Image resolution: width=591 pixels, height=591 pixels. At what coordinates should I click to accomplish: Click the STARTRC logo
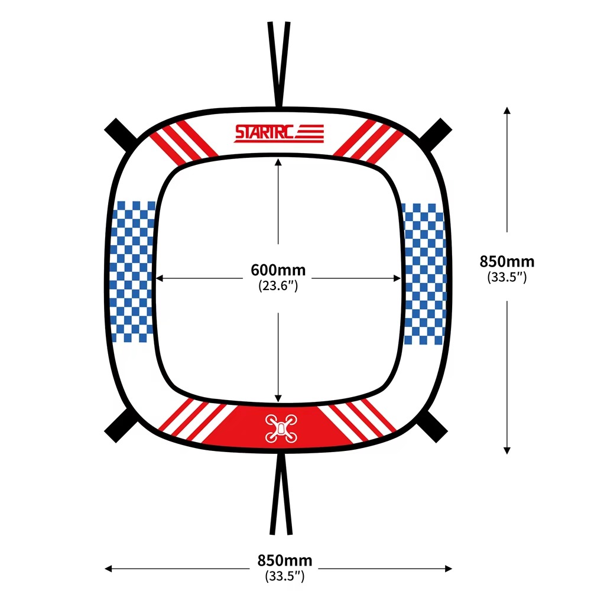click(279, 134)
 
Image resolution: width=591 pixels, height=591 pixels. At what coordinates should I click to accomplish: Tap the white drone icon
click(281, 428)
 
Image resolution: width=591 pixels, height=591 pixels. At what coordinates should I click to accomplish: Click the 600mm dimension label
click(278, 270)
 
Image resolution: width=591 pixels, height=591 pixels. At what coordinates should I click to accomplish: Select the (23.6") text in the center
click(278, 285)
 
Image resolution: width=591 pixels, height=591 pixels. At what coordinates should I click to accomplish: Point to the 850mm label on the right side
click(507, 261)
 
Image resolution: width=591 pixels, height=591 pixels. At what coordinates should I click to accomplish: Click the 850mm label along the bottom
click(285, 560)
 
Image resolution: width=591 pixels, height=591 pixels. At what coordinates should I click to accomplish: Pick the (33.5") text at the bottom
click(285, 576)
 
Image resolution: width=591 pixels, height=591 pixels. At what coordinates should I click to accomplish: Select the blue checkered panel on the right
click(424, 274)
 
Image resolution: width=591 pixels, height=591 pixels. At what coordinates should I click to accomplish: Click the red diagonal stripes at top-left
click(184, 141)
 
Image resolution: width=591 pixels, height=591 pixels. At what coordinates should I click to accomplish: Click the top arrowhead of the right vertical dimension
click(507, 110)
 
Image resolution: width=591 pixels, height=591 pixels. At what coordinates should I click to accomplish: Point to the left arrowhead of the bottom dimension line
click(108, 569)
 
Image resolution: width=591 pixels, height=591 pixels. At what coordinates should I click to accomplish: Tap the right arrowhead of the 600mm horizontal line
click(397, 278)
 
